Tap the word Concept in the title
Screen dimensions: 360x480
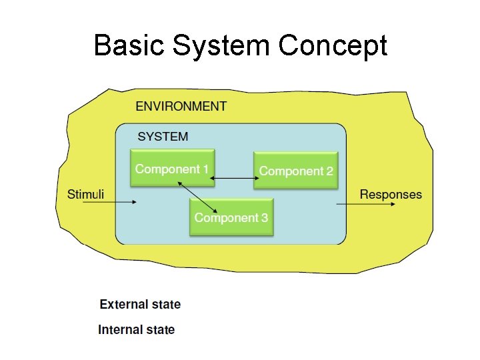[x=333, y=47]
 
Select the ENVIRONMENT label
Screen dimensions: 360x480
[x=181, y=106]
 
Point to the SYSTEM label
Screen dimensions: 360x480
[x=163, y=137]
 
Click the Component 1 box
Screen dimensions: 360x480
[x=172, y=168]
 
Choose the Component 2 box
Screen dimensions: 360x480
[x=296, y=171]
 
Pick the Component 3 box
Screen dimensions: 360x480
[x=231, y=217]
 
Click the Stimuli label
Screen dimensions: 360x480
[x=86, y=195]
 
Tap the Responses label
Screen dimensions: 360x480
[x=391, y=195]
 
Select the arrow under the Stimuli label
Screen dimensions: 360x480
[x=110, y=203]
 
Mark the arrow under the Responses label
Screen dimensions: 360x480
[x=367, y=204]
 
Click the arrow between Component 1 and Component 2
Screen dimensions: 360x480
[x=234, y=178]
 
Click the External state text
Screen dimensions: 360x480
[x=140, y=305]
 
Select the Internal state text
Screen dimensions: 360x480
[x=137, y=329]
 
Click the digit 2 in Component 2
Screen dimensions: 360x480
[x=329, y=171]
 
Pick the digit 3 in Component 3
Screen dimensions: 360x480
[x=264, y=218]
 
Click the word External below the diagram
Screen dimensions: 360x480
[x=123, y=305]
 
